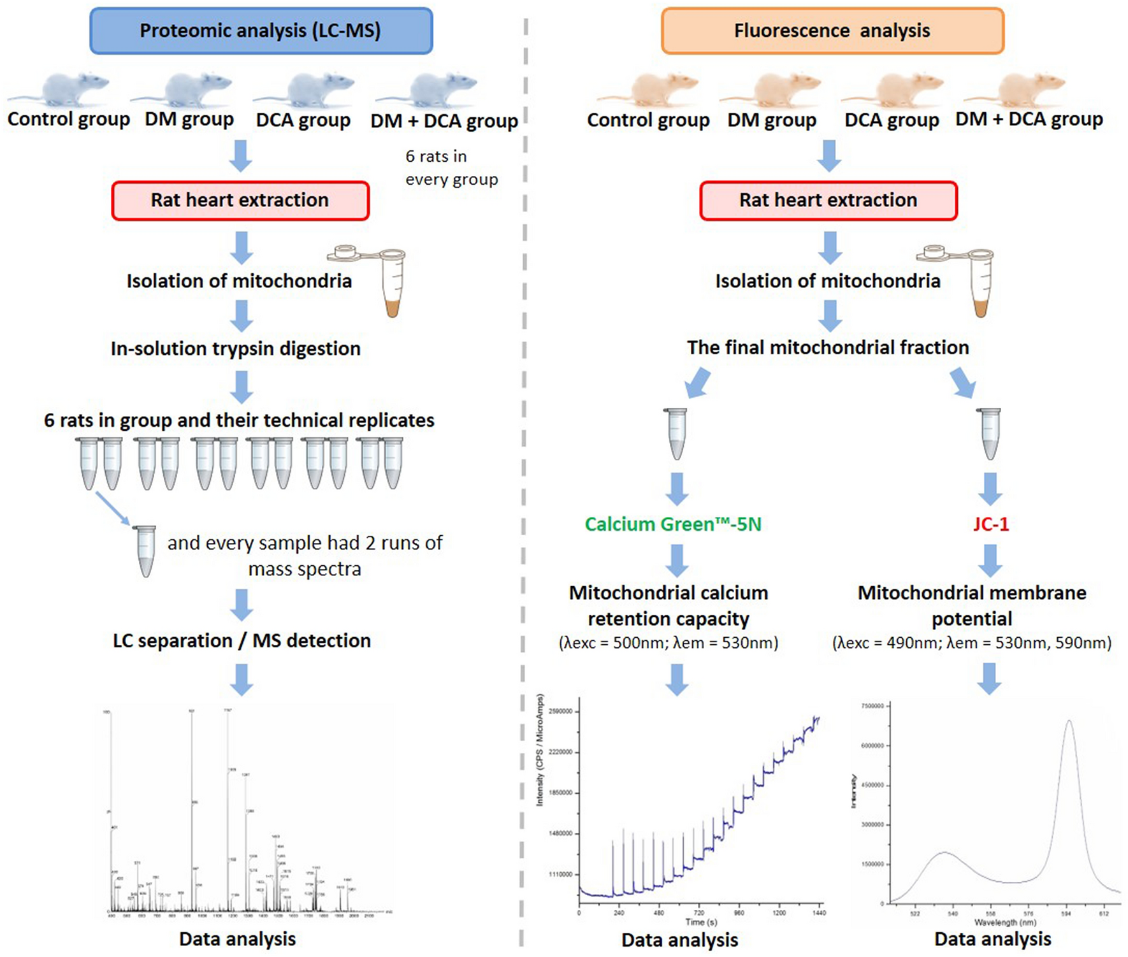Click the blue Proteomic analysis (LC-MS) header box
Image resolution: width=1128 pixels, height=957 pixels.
coord(261,31)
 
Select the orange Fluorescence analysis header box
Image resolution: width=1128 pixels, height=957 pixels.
coord(832,31)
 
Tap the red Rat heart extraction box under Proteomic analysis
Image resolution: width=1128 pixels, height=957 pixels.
coord(240,200)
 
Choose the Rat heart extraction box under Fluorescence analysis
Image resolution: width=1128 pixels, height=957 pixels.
coord(828,200)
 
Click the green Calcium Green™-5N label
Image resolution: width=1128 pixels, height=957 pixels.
coord(673,524)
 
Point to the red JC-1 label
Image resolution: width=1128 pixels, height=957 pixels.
coord(990,524)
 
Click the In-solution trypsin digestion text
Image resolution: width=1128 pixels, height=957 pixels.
coord(236,349)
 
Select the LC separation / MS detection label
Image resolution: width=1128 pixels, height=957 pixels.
coord(242,640)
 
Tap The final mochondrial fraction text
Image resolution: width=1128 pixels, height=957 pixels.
coord(828,347)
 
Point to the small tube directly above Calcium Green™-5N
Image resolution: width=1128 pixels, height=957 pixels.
coord(676,433)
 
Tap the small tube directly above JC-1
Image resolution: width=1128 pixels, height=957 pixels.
coord(990,433)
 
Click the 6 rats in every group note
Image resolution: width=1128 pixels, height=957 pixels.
coord(451,168)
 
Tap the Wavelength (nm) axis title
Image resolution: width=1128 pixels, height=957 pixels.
coord(1005,922)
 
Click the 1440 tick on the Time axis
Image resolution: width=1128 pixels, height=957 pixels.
coord(819,913)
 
